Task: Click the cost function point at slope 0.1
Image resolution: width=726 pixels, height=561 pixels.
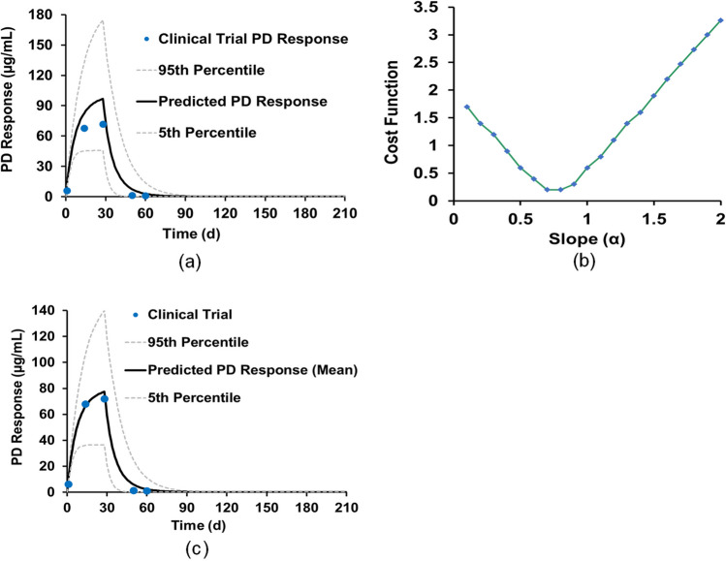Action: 467,107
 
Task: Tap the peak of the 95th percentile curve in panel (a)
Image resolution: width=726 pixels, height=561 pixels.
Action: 103,20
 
